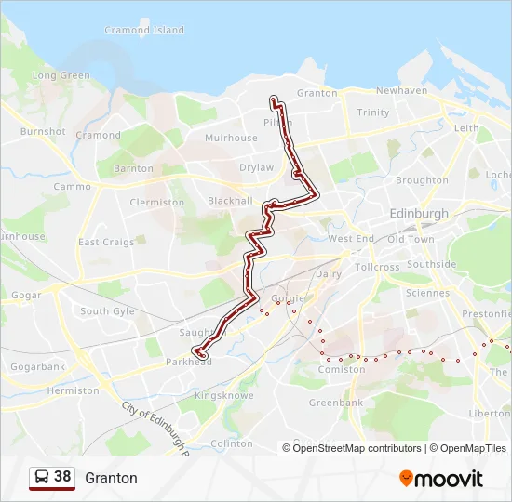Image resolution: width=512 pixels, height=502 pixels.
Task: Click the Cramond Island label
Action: pos(144,31)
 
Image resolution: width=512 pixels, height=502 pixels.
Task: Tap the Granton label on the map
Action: pos(317,93)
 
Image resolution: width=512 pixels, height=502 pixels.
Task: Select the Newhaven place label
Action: pos(401,91)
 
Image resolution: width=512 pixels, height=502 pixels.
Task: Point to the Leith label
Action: pos(466,128)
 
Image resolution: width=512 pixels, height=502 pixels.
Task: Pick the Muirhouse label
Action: pos(231,139)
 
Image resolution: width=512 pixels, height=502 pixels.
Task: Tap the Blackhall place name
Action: pos(230,201)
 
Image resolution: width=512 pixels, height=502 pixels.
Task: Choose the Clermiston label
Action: pos(157,203)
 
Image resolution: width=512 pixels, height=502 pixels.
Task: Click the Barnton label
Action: pos(133,169)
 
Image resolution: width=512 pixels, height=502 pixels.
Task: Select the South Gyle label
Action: pos(107,311)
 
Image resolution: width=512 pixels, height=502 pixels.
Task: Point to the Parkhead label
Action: pos(182,362)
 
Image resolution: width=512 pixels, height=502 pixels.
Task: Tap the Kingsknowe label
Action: pos(223,396)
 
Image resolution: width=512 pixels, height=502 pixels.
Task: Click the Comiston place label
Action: pos(342,370)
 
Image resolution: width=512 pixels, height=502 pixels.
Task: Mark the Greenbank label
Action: pos(336,403)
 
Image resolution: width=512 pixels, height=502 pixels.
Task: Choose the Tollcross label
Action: pos(377,267)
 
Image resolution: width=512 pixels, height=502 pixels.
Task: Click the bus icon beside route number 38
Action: pos(42,478)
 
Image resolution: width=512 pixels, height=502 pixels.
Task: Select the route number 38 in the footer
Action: pos(62,477)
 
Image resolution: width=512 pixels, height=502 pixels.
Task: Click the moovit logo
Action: pos(441,479)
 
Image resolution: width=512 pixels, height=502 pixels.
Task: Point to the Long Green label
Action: pos(61,76)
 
